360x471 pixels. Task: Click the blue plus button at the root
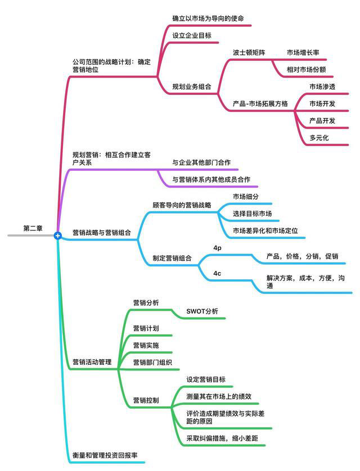(x=58, y=236)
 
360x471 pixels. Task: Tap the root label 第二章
(x=33, y=228)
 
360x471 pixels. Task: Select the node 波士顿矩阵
(x=249, y=53)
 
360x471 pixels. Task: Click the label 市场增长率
(x=303, y=53)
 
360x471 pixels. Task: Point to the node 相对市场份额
(x=306, y=70)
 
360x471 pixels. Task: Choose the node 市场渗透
(x=322, y=87)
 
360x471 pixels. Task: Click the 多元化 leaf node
(x=319, y=138)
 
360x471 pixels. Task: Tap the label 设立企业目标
(x=192, y=35)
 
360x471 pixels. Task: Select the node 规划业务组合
(x=192, y=87)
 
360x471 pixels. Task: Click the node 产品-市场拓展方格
(x=260, y=104)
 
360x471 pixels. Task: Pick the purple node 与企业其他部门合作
(x=201, y=162)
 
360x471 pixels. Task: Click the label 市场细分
(x=246, y=197)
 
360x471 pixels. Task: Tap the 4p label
(x=217, y=248)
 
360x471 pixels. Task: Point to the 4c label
(x=217, y=273)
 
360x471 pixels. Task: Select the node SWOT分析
(x=202, y=311)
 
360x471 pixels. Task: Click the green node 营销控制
(x=146, y=400)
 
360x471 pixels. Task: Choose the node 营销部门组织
(x=152, y=363)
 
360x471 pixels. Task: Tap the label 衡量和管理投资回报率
(x=105, y=455)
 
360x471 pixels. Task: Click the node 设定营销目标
(x=206, y=380)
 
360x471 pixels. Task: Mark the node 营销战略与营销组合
(x=102, y=233)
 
